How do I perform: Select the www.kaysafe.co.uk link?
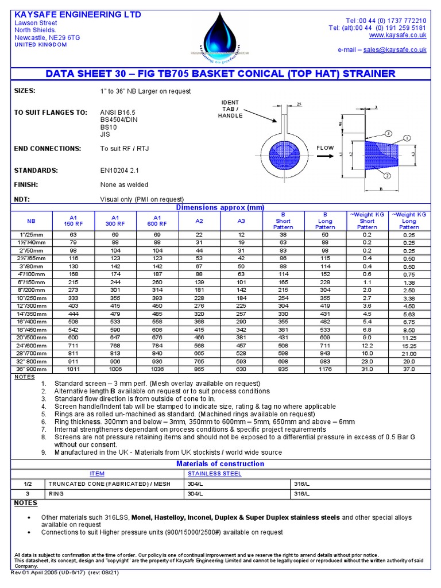pos(402,35)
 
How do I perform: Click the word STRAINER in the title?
pos(366,73)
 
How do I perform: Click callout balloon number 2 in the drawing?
pos(387,176)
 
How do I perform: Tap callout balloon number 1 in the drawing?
pos(408,138)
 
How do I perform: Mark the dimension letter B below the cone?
pos(381,188)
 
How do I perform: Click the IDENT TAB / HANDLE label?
pos(230,109)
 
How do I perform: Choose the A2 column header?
pos(199,220)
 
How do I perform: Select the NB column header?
pos(31,220)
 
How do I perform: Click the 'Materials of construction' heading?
pos(220,463)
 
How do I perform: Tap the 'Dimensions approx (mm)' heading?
pos(220,207)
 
